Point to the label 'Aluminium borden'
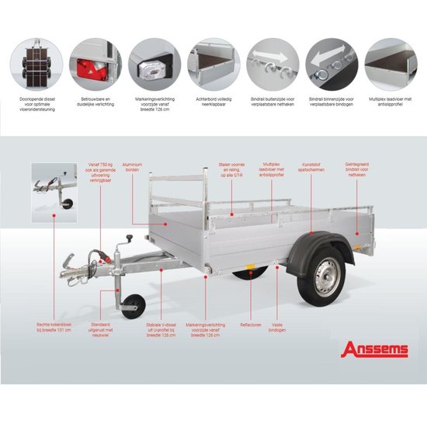[131, 167]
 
